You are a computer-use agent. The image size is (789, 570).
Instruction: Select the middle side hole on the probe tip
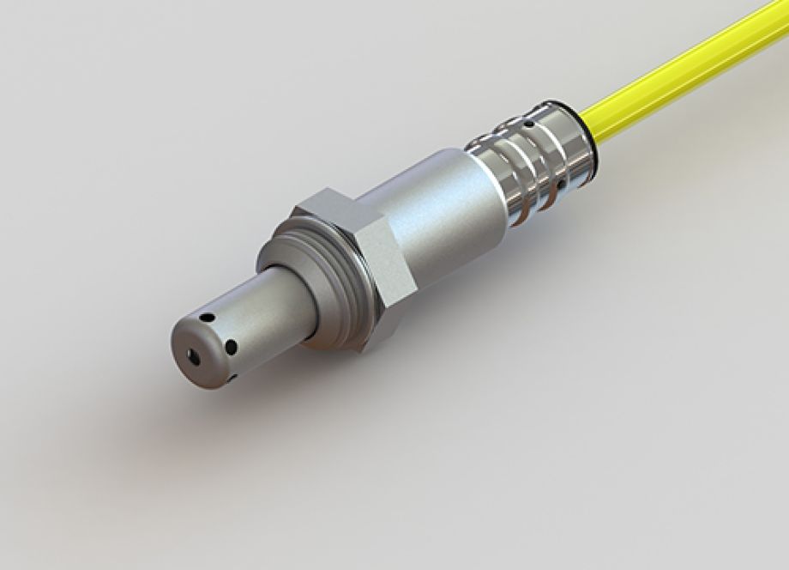229,348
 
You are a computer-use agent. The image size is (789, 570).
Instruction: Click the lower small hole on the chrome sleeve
560,185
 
